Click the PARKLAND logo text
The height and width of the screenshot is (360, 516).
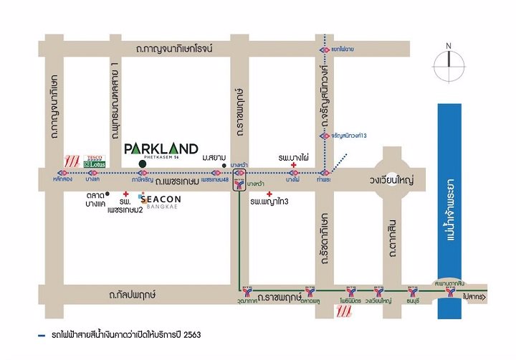click(x=161, y=148)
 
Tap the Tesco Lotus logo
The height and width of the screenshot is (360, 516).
click(x=95, y=162)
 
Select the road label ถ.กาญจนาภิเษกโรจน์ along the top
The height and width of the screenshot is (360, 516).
click(x=183, y=48)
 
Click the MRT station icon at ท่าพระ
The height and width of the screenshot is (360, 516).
click(x=325, y=174)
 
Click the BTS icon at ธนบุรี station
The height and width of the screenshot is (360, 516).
click(x=412, y=292)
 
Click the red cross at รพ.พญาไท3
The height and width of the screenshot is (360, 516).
click(x=269, y=194)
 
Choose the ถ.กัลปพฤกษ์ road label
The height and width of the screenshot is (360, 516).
click(x=133, y=295)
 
